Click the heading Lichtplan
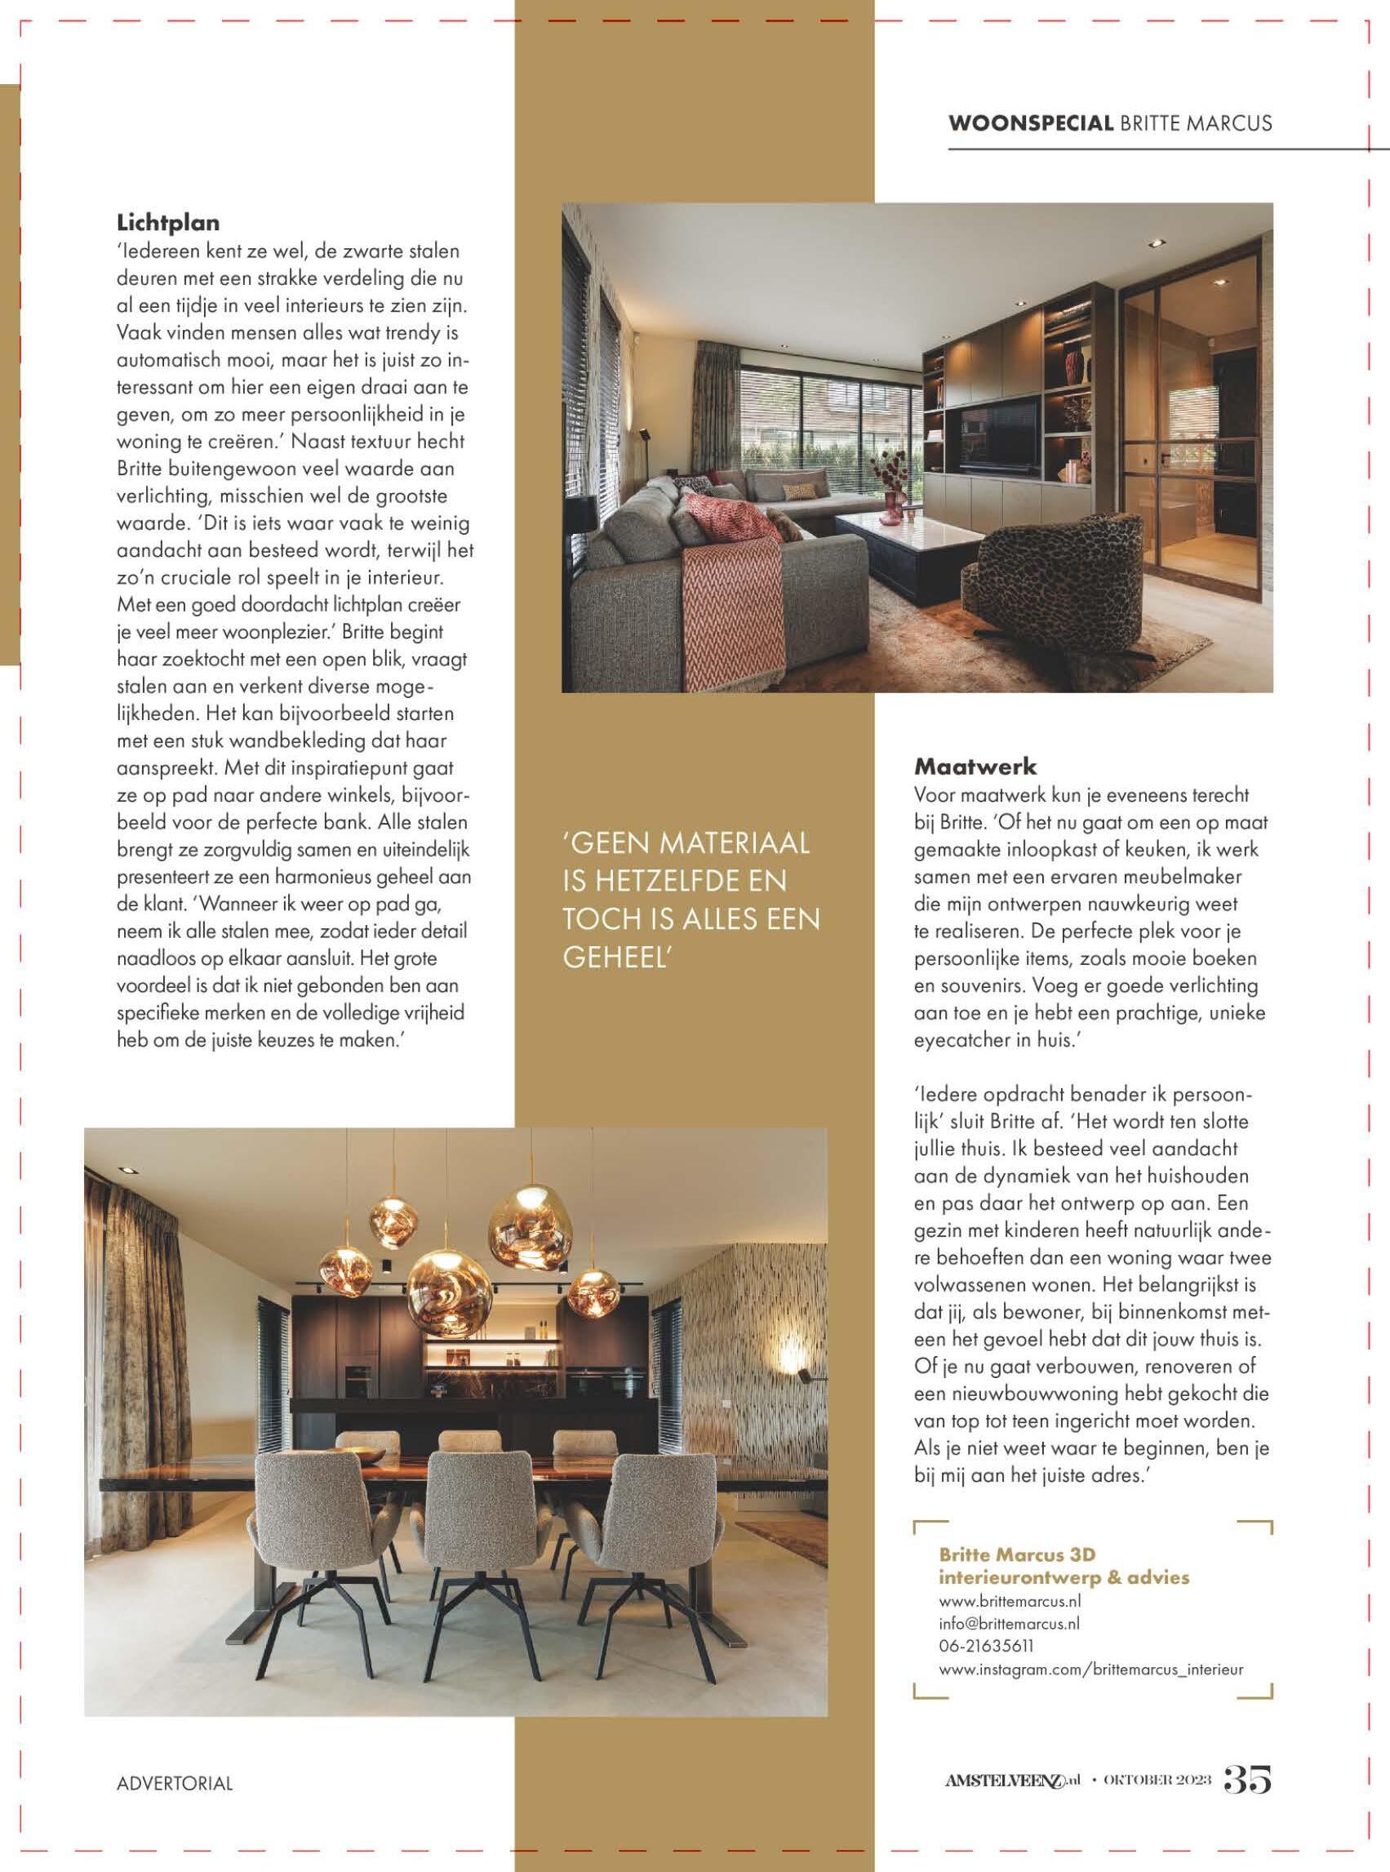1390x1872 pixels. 167,223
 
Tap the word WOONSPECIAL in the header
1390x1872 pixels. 1029,123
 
